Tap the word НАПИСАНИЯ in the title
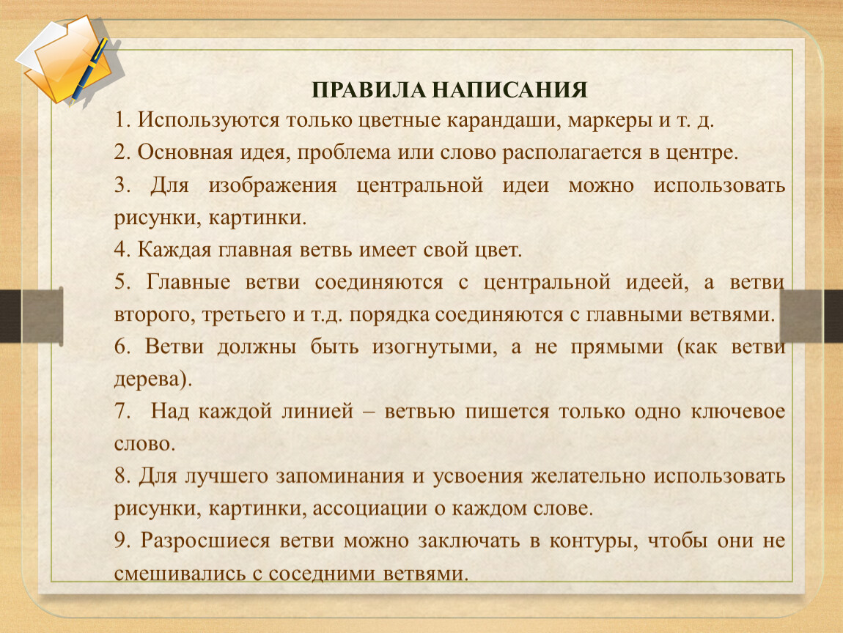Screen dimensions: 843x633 (x=509, y=89)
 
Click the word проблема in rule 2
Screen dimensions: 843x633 (x=344, y=153)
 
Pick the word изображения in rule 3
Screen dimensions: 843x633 (x=273, y=186)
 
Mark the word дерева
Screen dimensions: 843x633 (x=150, y=380)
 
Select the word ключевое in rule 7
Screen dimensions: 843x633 (x=737, y=412)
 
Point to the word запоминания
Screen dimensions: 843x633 (x=340, y=477)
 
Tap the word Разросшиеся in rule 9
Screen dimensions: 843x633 (x=205, y=541)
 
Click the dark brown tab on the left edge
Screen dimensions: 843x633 (x=10, y=316)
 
